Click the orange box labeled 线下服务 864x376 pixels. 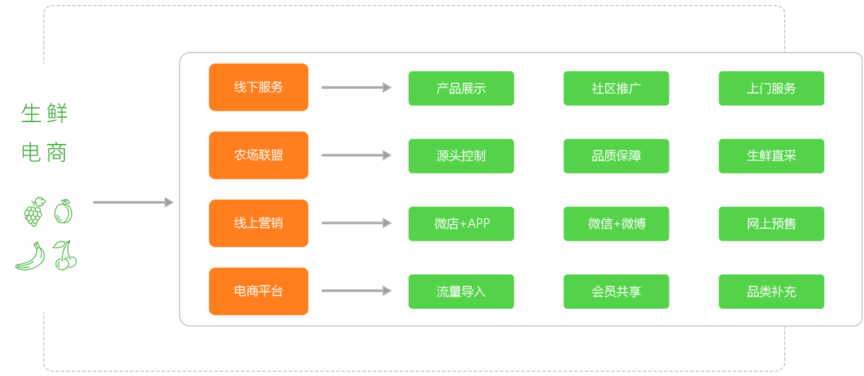point(259,87)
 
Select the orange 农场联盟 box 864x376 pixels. point(259,155)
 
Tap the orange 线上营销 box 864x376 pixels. point(259,223)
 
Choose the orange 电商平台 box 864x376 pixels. point(259,291)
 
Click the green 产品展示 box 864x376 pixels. point(461,88)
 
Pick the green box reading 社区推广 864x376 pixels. point(616,88)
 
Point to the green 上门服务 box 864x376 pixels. point(771,88)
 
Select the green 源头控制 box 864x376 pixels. point(461,156)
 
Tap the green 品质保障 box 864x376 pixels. point(616,156)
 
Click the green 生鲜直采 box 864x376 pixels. point(771,156)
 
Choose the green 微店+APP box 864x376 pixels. point(461,223)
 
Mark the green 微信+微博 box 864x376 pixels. point(616,223)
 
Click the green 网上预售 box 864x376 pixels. point(771,223)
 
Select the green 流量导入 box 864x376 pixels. point(461,291)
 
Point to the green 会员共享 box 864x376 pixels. point(616,291)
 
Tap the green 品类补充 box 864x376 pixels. point(771,291)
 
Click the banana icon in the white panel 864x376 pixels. point(30,256)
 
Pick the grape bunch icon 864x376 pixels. point(33,212)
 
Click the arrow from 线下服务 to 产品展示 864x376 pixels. point(356,87)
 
